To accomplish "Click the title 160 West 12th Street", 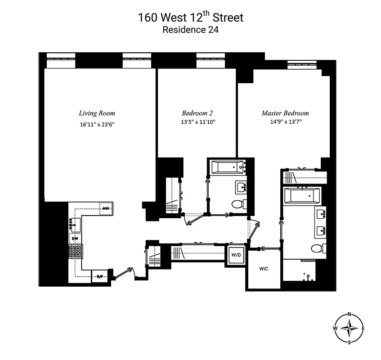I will [190, 18].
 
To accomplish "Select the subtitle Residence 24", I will [190, 31].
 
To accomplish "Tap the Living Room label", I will [97, 113].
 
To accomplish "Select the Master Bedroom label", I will [285, 113].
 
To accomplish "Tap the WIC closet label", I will [264, 269].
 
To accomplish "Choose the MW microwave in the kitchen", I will [106, 208].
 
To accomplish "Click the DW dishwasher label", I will [75, 238].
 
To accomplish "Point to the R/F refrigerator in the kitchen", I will [99, 277].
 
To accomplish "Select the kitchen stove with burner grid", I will [76, 251].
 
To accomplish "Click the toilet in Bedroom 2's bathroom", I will [238, 204].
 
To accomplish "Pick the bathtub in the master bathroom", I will [302, 196].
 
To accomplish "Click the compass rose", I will [349, 328].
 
